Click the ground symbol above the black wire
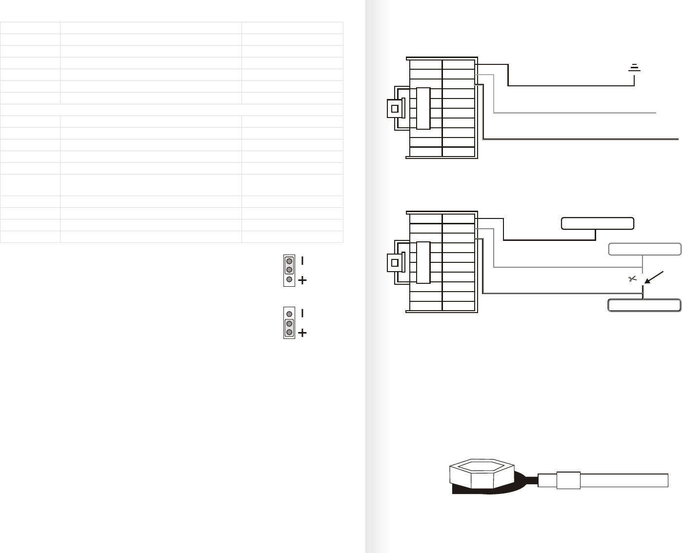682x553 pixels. tap(634, 68)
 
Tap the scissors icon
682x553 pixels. tap(633, 279)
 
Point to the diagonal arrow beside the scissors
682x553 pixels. tap(654, 276)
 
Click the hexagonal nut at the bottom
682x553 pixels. tap(481, 474)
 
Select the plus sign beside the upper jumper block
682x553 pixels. tap(302, 280)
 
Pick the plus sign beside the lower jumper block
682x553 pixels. tap(302, 333)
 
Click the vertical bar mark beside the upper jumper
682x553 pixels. tap(302, 261)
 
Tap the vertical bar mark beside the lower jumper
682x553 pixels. tap(302, 313)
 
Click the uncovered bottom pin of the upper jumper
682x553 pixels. tap(289, 279)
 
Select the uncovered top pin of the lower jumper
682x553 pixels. tap(289, 314)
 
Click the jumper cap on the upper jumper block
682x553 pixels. tap(289, 265)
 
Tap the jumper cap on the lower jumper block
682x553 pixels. tap(289, 328)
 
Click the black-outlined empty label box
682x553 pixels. tap(597, 223)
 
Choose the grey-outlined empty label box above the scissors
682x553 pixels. tap(644, 249)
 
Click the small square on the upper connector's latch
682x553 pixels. tap(395, 108)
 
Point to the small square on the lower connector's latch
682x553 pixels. tap(395, 262)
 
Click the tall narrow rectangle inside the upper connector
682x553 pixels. tap(423, 108)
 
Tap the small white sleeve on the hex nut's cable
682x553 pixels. tap(568, 480)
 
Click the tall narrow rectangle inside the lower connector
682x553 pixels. tap(423, 262)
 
